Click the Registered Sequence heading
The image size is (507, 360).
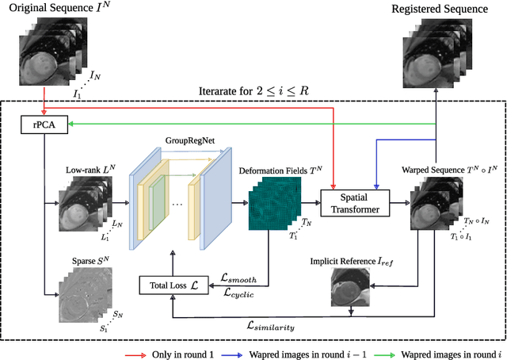[x=440, y=10]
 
